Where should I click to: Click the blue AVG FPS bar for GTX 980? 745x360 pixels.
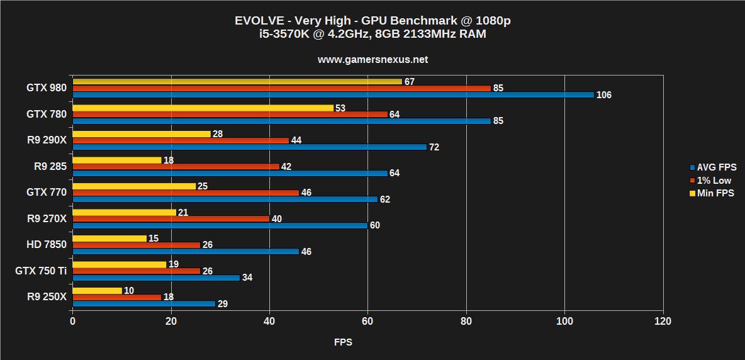(333, 95)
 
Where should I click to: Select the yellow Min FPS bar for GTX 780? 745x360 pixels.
(203, 108)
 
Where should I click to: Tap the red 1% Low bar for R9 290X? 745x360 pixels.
(181, 140)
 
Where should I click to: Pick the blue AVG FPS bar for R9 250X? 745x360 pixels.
(143, 304)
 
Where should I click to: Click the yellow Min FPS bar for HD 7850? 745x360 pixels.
(109, 239)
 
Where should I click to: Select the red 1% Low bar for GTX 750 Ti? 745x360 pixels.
(136, 271)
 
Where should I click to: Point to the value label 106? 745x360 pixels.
(604, 95)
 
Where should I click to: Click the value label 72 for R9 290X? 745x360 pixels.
(434, 147)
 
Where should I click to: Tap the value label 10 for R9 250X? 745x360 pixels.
(128, 290)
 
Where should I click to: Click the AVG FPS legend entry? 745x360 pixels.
(716, 167)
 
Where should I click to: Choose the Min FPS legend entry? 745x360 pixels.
(715, 194)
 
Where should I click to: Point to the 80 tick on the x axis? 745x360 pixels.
(466, 322)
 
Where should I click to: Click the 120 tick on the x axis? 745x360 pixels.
(663, 322)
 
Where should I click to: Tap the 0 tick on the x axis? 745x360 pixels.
(73, 322)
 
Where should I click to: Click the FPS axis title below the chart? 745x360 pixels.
(343, 342)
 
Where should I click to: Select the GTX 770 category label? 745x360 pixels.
(46, 193)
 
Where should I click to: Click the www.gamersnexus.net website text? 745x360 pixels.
(373, 60)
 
